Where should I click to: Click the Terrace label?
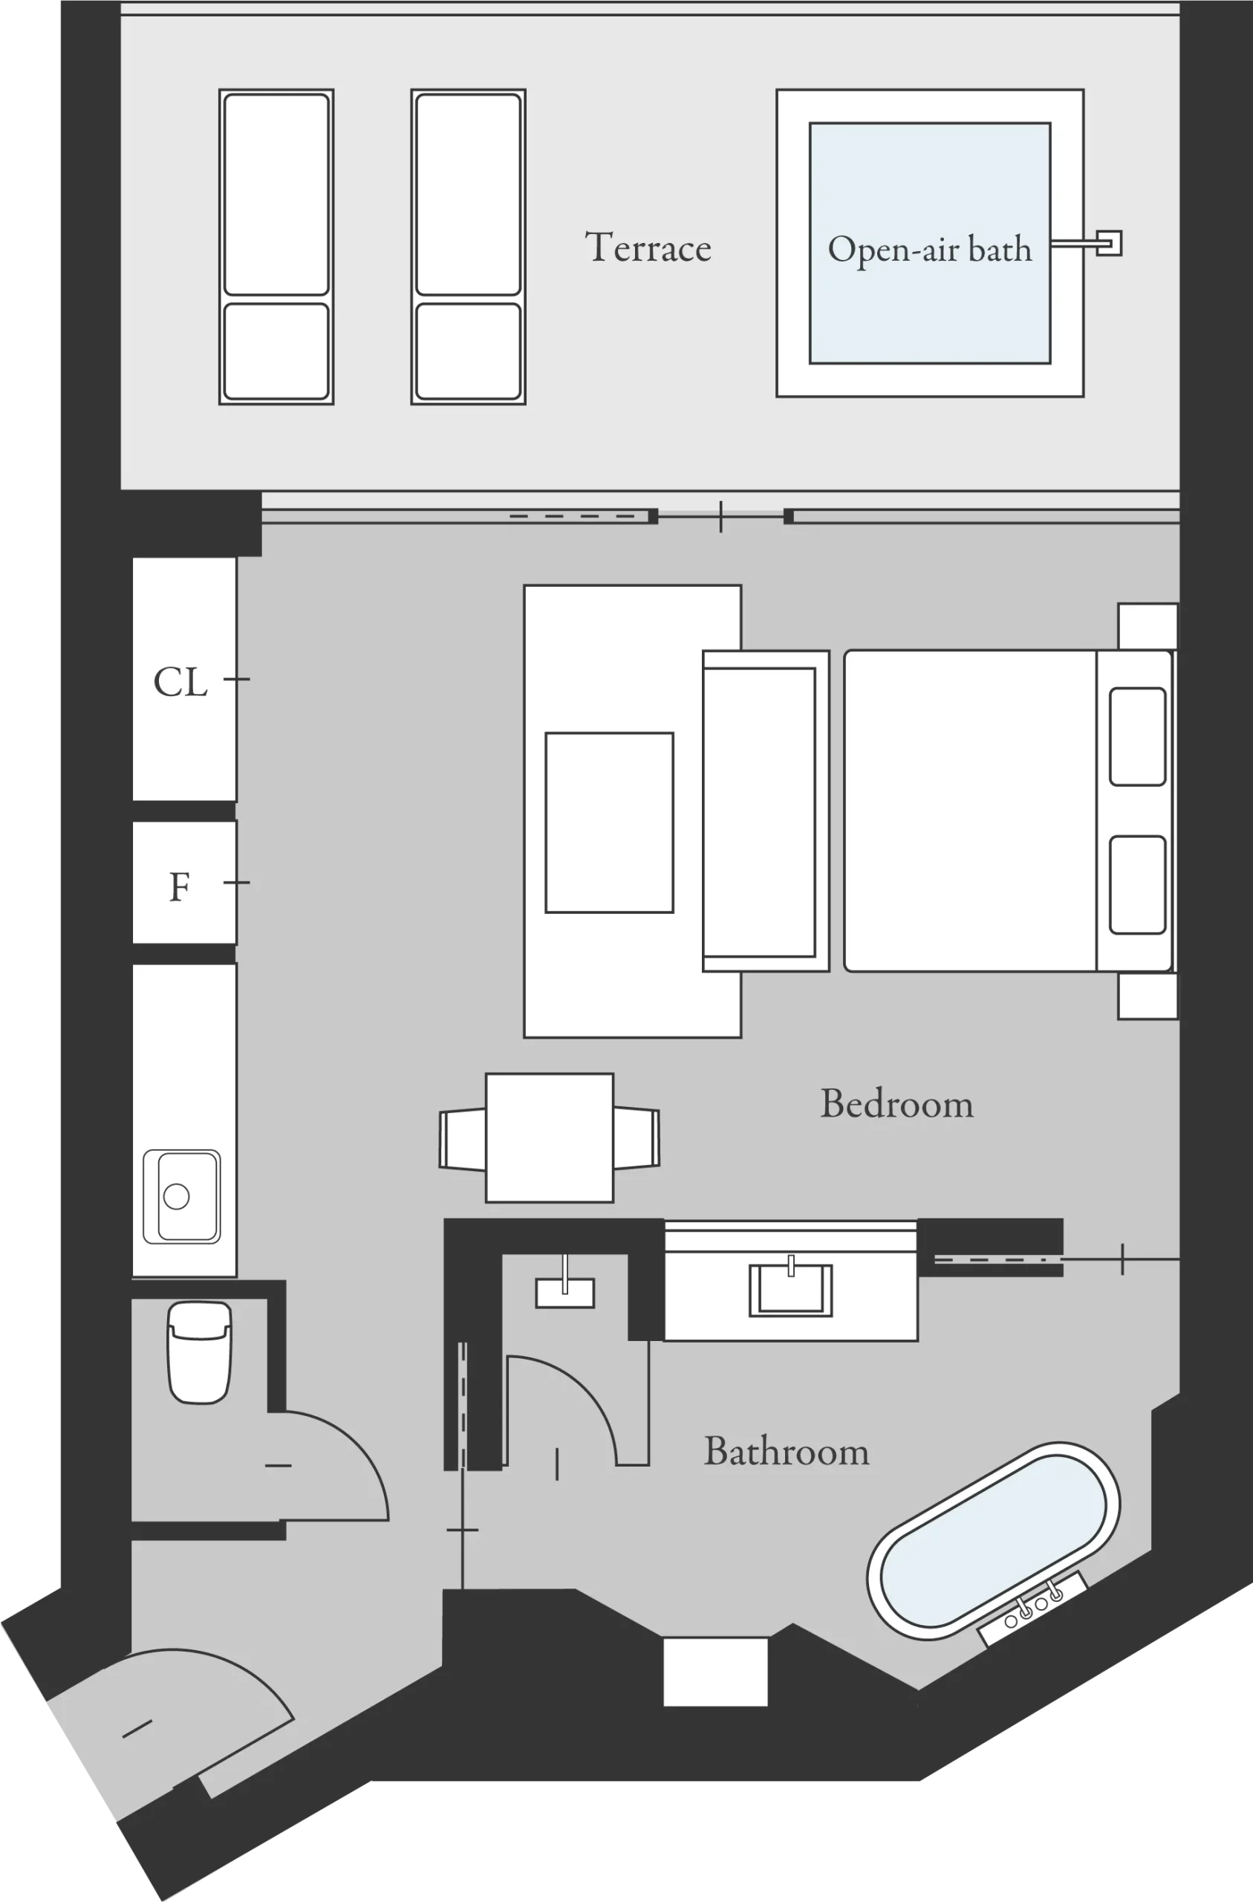(x=648, y=247)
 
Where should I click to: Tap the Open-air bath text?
(x=929, y=250)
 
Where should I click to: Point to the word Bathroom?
(x=787, y=1451)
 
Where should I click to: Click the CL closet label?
(x=180, y=682)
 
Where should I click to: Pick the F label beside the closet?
(x=180, y=886)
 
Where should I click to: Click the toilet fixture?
(x=199, y=1352)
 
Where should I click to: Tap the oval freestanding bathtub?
(x=993, y=1541)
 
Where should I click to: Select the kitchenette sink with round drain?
(x=182, y=1196)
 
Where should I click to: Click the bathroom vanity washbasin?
(x=790, y=1289)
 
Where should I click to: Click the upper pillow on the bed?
(x=1136, y=736)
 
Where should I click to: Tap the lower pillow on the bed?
(x=1136, y=884)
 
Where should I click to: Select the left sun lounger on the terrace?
(x=276, y=246)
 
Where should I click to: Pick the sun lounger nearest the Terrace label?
(x=468, y=246)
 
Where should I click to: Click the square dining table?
(x=550, y=1138)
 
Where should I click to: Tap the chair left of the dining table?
(x=462, y=1139)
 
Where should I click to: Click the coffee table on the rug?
(x=609, y=822)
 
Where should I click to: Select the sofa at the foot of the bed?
(x=765, y=811)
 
